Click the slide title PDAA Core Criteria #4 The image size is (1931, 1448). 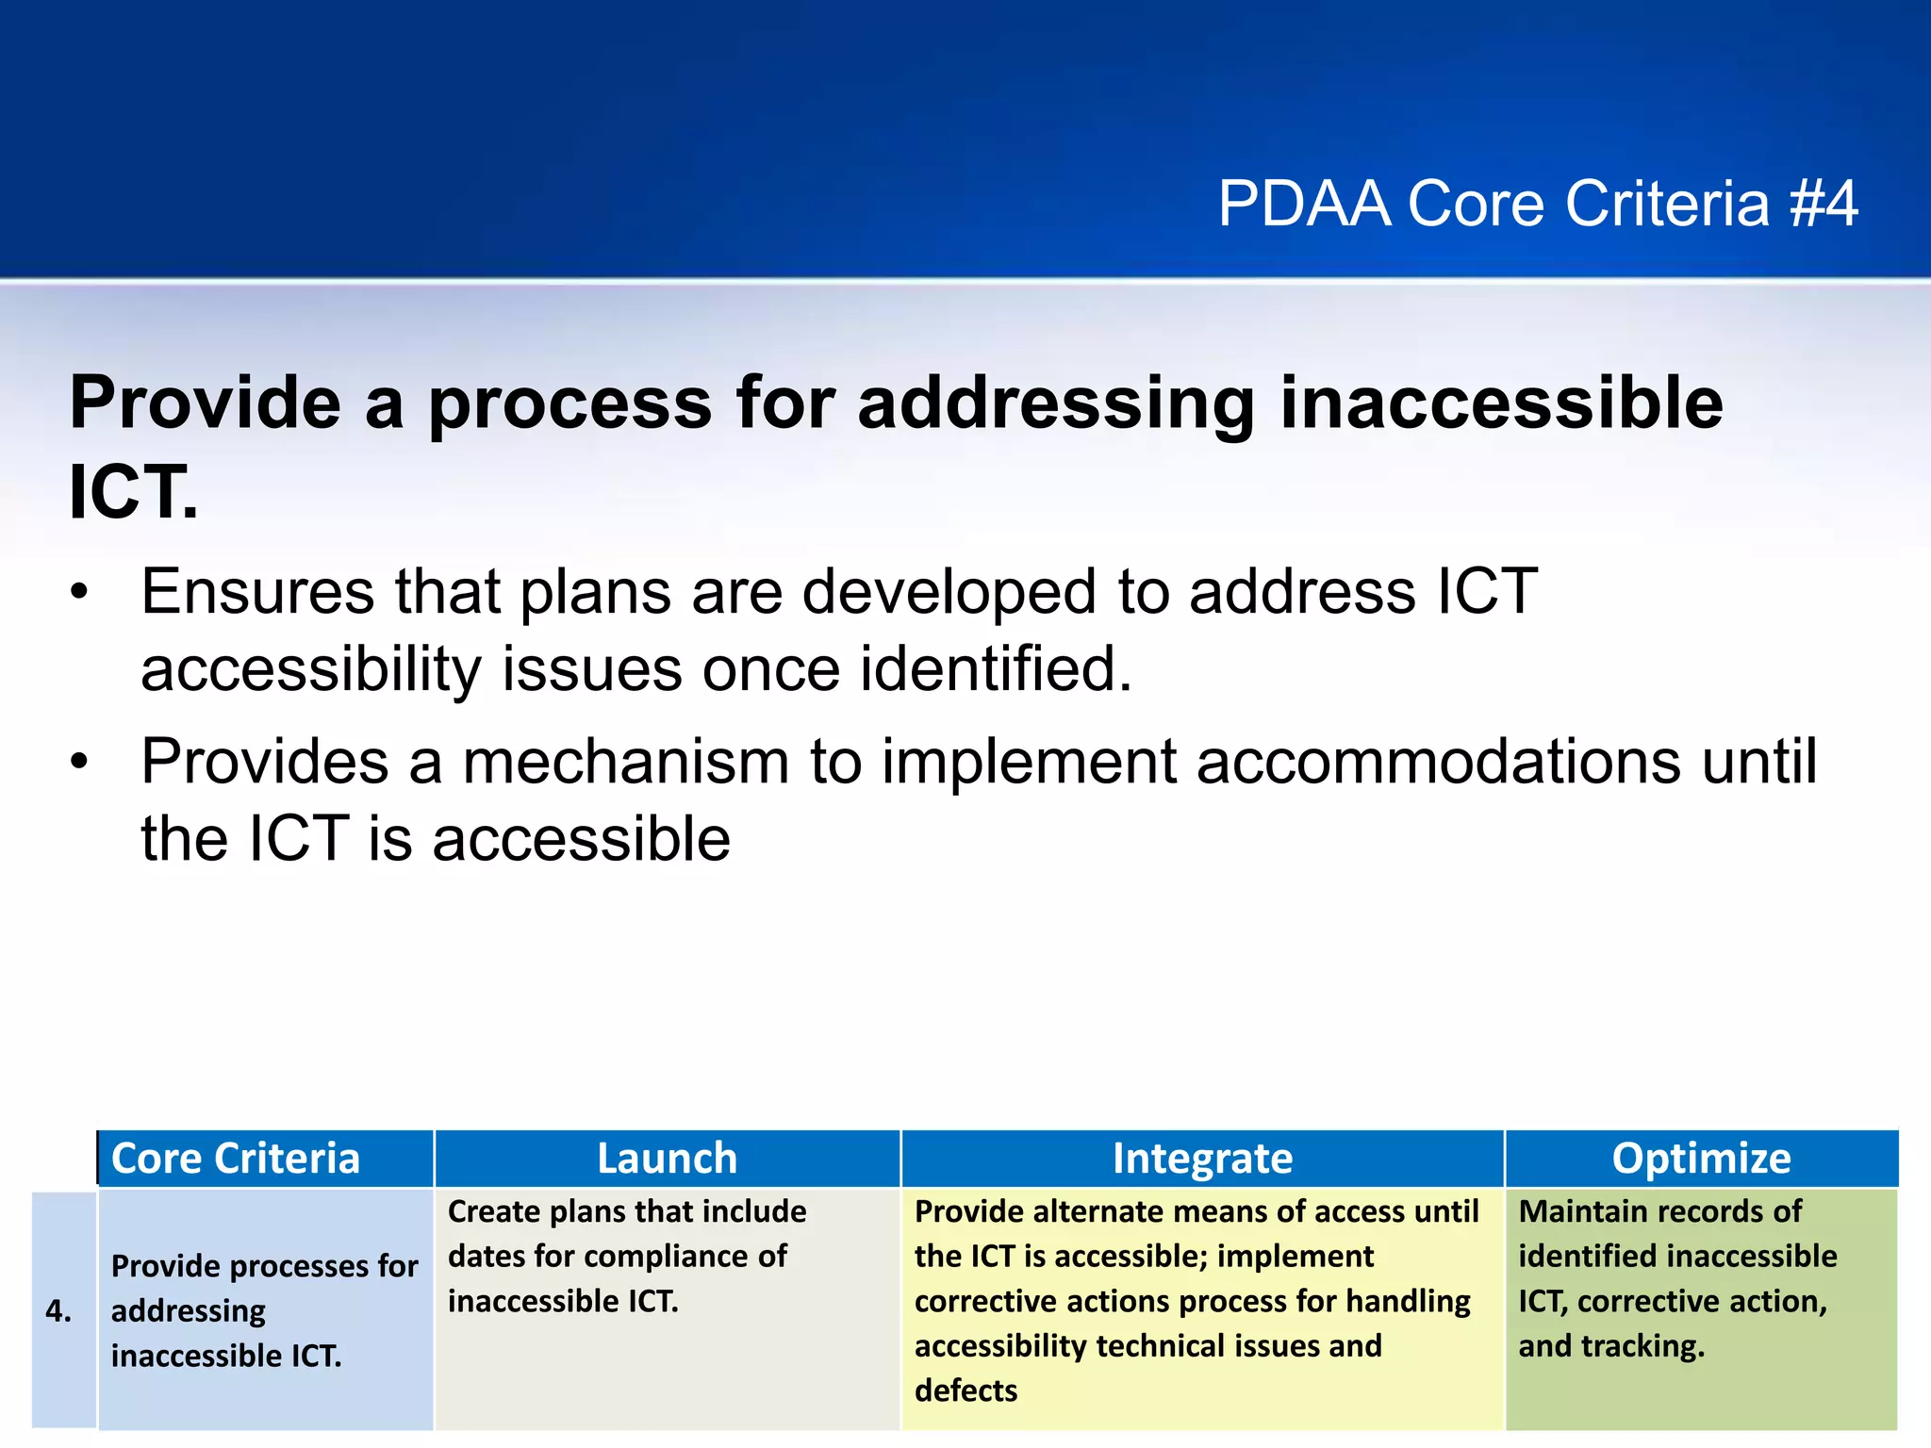pos(1537,204)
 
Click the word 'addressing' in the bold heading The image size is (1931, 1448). pos(1056,403)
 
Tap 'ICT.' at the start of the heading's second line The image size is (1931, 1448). pos(133,492)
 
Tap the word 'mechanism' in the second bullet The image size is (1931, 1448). pos(625,762)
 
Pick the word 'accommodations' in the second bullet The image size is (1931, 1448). pos(1439,762)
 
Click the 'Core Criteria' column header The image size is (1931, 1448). pos(236,1159)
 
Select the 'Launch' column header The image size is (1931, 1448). pos(667,1159)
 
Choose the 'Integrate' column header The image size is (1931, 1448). pos(1202,1159)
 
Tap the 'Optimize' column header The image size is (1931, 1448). pos(1701,1159)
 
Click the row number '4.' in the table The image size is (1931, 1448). pos(58,1311)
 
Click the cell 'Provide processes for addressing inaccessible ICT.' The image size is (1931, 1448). pos(264,1310)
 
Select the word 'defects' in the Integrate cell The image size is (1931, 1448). pos(965,1390)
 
